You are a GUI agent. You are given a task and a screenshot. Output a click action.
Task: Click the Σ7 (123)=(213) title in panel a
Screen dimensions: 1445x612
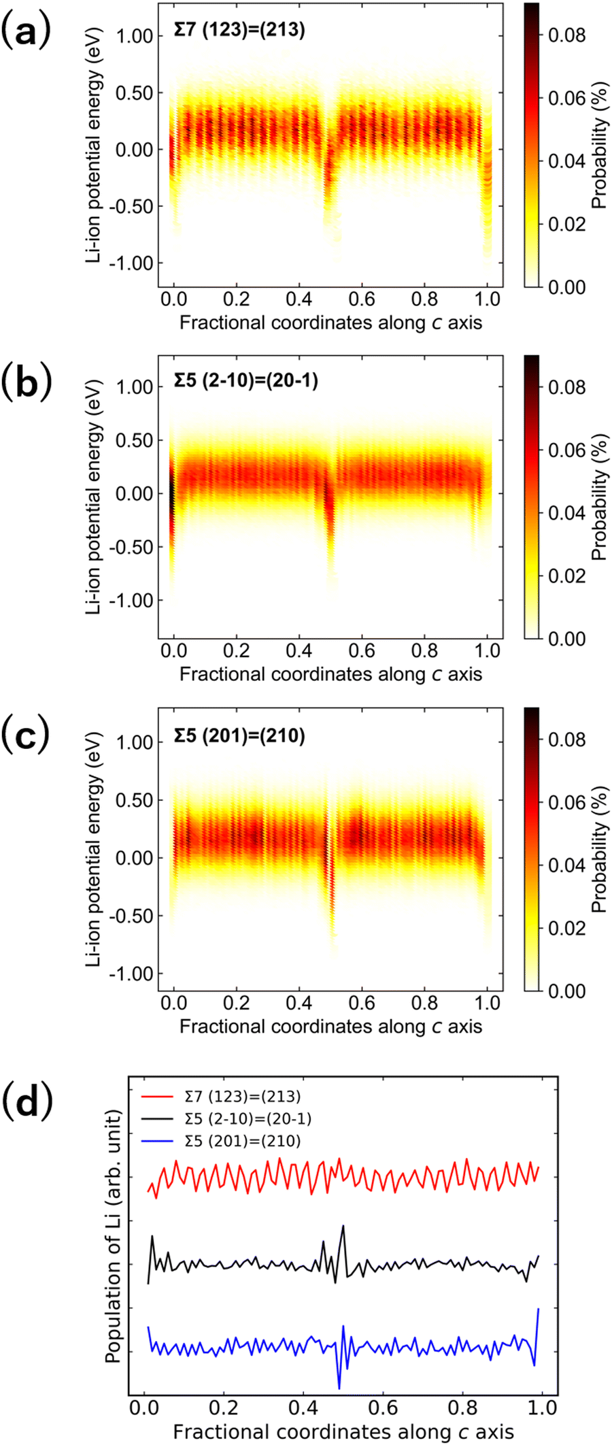(239, 31)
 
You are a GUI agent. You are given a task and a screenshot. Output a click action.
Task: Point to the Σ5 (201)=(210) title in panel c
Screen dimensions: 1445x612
(239, 735)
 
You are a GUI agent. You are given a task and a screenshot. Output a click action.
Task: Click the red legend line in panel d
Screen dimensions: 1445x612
(158, 1097)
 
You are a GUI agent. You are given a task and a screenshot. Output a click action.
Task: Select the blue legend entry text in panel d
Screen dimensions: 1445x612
(242, 1141)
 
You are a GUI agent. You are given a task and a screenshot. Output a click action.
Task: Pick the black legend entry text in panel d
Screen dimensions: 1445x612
(248, 1118)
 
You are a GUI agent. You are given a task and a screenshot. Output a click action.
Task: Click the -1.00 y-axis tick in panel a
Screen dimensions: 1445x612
(133, 263)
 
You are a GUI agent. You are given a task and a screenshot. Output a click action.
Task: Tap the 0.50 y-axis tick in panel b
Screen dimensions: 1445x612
(136, 441)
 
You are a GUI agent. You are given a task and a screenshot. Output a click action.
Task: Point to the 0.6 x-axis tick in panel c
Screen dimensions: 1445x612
(362, 1003)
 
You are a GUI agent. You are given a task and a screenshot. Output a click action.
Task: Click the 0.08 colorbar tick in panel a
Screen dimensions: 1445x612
(567, 35)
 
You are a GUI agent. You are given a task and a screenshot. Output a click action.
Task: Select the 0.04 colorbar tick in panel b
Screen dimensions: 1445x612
(567, 513)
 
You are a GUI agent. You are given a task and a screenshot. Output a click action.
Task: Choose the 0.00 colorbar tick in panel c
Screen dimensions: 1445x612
(567, 991)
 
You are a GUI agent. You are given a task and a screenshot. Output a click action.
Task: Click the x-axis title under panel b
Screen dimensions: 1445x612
(330, 674)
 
